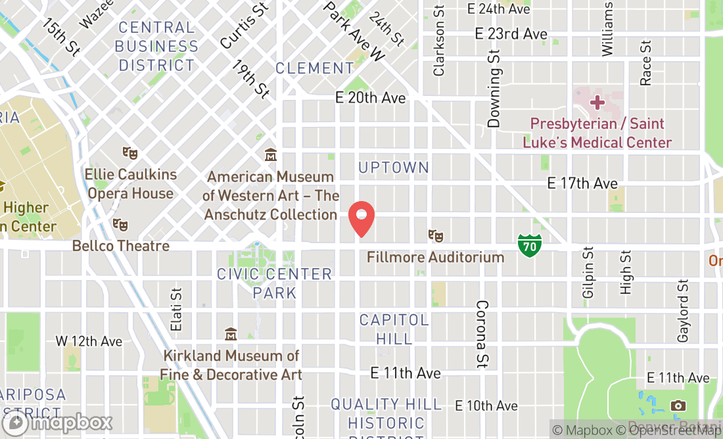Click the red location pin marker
[x=361, y=219]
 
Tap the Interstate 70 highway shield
[x=529, y=245]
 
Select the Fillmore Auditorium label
[x=435, y=257]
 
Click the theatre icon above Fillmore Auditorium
[x=434, y=235]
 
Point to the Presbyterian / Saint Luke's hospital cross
[x=597, y=103]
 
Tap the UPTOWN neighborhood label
[x=394, y=168]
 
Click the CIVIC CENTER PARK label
[x=275, y=283]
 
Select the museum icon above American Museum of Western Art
[x=270, y=155]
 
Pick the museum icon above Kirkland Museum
[x=231, y=334]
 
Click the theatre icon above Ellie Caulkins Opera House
[x=130, y=153]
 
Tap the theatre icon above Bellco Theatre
[x=120, y=225]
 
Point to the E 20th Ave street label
[x=370, y=98]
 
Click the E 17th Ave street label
[x=582, y=183]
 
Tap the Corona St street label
[x=482, y=333]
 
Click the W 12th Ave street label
[x=89, y=341]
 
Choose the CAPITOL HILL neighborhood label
[x=394, y=329]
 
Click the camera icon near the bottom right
[x=678, y=405]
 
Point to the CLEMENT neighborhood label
[x=315, y=68]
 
